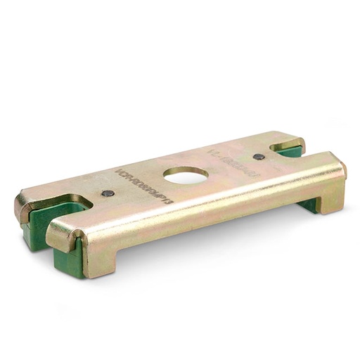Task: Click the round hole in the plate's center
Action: (186, 174)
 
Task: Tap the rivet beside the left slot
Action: (107, 193)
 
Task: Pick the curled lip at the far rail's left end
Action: (23, 207)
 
